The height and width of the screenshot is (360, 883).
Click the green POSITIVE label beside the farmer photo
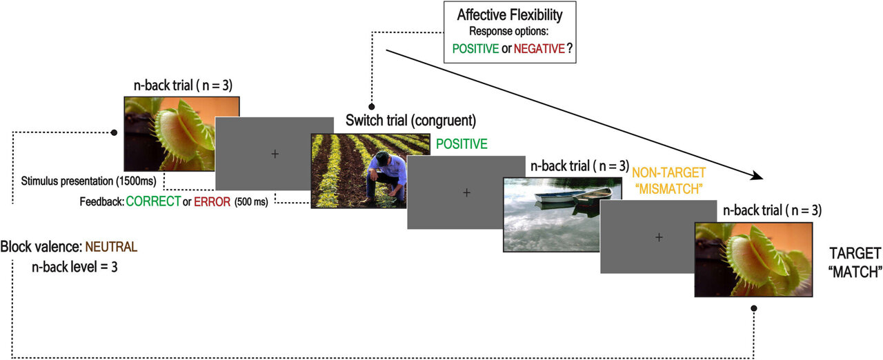(x=462, y=144)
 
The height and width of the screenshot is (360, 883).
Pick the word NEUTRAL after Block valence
(x=111, y=246)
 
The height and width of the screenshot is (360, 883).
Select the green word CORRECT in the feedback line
(x=154, y=201)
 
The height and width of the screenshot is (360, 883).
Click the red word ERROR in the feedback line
(x=212, y=201)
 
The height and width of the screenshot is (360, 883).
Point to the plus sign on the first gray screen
(x=275, y=154)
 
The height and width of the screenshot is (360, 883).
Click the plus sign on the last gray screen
(x=659, y=237)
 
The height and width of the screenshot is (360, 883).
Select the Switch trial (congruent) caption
(x=406, y=121)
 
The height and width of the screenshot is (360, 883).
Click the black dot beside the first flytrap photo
(x=114, y=132)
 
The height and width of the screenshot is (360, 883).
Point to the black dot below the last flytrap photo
(x=754, y=308)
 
